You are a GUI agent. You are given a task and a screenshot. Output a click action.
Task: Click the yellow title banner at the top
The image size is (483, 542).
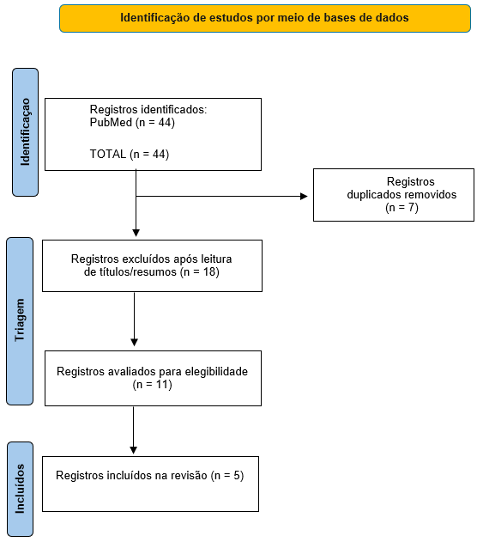click(265, 18)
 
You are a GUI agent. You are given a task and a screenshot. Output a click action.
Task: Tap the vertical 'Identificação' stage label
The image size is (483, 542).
click(25, 132)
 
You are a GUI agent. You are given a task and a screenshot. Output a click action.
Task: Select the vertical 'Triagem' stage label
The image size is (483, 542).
click(20, 320)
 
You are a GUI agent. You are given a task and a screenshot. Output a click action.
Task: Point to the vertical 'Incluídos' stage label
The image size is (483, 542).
click(20, 489)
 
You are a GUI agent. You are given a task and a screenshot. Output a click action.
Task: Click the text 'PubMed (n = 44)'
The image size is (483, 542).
click(132, 122)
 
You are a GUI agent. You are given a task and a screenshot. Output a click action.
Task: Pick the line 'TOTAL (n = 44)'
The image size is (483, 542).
click(130, 154)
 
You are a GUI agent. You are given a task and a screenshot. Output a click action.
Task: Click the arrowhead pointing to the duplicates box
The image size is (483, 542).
click(304, 197)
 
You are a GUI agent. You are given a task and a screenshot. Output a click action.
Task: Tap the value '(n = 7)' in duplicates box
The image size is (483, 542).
click(401, 207)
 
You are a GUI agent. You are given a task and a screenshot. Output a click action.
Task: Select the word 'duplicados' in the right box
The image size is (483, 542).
click(373, 195)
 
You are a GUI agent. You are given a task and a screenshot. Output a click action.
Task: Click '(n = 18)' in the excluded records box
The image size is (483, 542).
click(200, 272)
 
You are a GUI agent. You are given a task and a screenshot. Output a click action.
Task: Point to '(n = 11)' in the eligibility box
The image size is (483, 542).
click(152, 384)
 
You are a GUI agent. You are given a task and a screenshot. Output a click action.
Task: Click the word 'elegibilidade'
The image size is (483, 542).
click(216, 372)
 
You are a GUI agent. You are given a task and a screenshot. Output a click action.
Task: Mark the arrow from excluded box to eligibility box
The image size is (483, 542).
click(135, 319)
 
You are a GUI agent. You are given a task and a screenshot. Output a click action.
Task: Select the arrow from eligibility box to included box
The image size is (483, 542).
click(133, 430)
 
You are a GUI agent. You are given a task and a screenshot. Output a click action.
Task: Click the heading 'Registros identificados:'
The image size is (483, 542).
click(148, 110)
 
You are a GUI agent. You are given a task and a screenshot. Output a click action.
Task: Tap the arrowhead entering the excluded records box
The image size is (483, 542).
click(136, 233)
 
